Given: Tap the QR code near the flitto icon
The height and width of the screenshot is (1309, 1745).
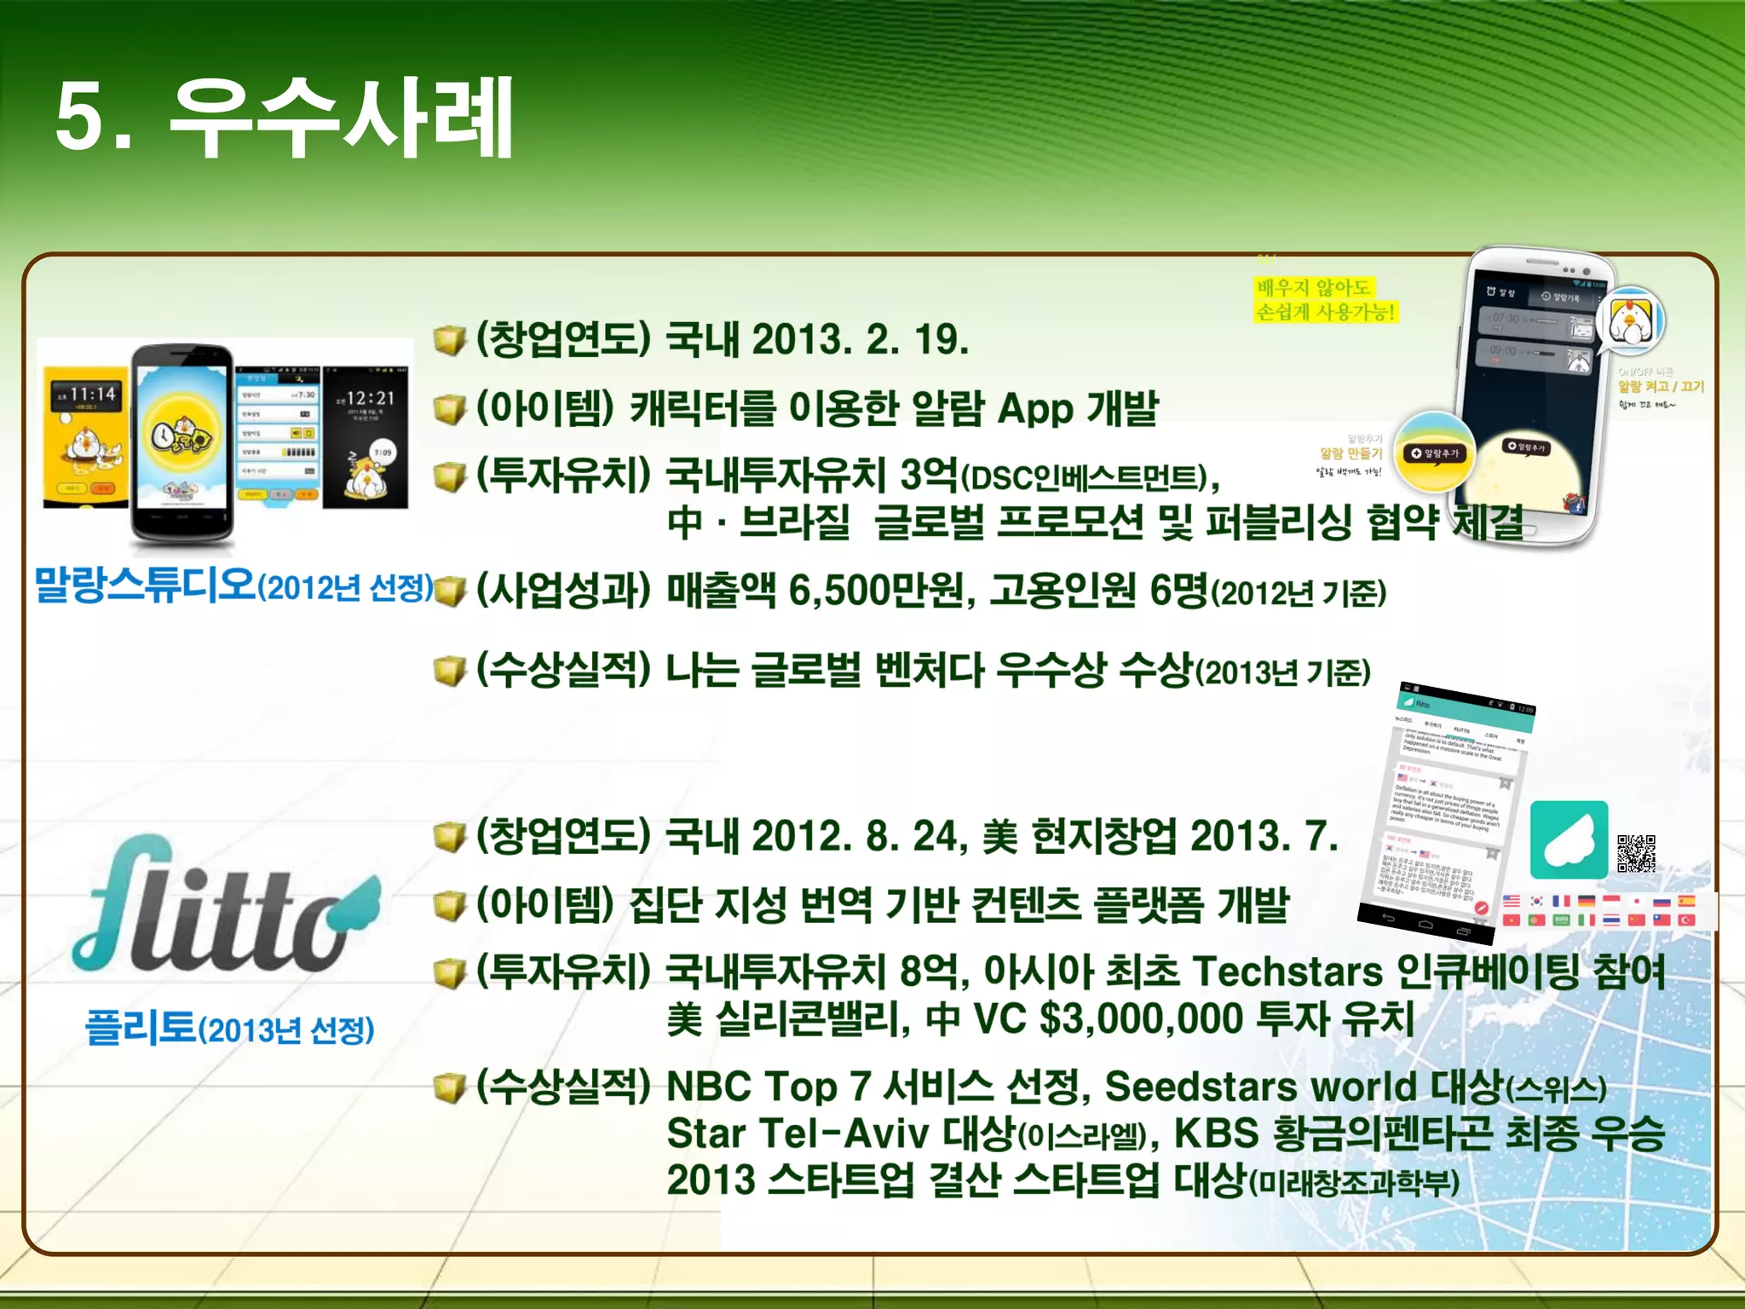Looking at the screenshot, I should (x=1636, y=853).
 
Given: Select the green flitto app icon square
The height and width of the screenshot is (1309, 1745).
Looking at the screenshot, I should (x=1569, y=839).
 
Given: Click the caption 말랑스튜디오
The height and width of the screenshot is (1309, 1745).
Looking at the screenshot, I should (x=145, y=585).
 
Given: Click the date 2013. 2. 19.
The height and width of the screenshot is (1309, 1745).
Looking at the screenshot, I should (x=861, y=339).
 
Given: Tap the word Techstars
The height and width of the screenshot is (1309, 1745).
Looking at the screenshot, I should (x=1287, y=971).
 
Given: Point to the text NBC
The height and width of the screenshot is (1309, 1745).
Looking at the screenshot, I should (x=710, y=1087).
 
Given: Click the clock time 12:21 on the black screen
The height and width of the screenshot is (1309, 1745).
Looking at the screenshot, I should (x=371, y=399).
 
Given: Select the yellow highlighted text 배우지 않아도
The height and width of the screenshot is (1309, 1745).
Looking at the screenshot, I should (x=1314, y=287).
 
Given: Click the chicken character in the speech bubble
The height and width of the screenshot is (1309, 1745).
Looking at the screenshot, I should (x=1631, y=322).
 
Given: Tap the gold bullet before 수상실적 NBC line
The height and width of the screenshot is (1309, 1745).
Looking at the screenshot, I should (x=449, y=1088).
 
